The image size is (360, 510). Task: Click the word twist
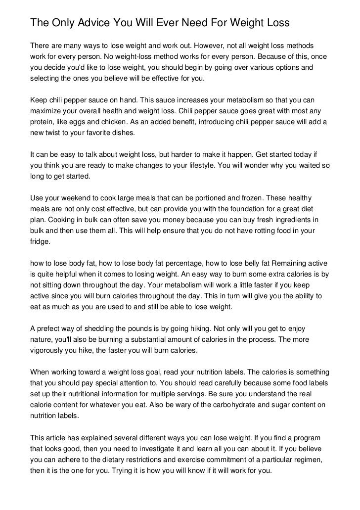click(x=58, y=134)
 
